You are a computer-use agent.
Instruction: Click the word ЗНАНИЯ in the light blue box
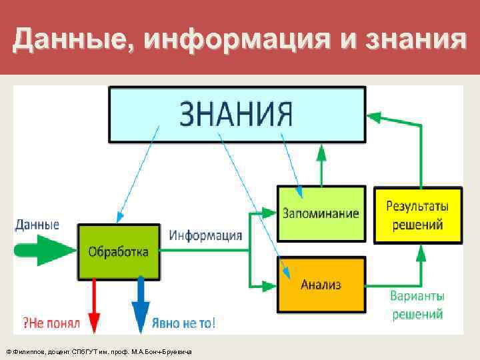[x=237, y=114]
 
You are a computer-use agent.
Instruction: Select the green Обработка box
[x=119, y=251]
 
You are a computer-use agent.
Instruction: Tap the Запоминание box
[x=321, y=213]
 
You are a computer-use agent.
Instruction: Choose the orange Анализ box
[x=321, y=285]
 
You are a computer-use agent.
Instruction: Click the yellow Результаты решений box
[x=417, y=215]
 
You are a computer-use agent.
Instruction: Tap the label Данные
[x=37, y=225]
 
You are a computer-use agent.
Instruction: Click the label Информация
[x=205, y=235]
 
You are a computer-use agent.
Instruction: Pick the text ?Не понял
[x=52, y=323]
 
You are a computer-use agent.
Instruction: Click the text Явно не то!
[x=183, y=323]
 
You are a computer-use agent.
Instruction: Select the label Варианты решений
[x=417, y=304]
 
